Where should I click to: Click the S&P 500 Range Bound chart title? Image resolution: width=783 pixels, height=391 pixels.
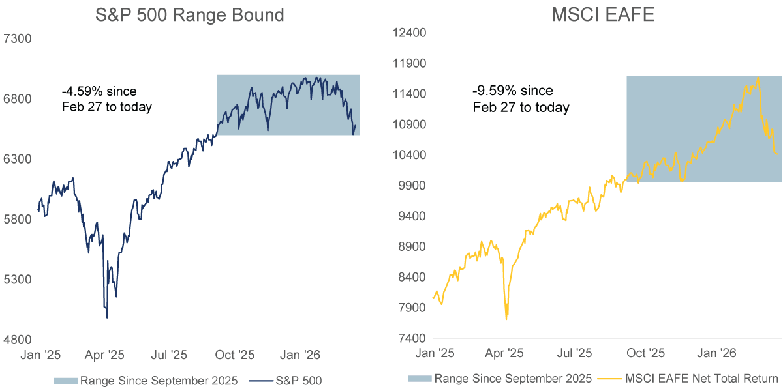point(189,14)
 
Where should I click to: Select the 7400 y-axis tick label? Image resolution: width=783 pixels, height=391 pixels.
point(410,339)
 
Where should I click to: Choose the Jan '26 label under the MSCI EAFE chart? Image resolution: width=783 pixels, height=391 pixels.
point(716,353)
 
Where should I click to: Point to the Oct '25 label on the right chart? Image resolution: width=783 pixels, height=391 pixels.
point(645,353)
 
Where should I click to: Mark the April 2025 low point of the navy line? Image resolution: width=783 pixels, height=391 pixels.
point(107,317)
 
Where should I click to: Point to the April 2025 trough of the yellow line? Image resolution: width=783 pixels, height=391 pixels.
point(507,319)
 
